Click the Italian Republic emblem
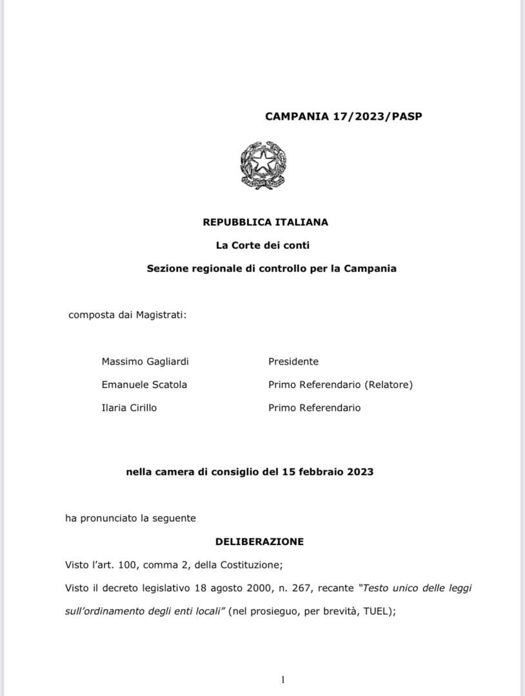(x=262, y=166)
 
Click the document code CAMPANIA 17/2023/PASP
(x=343, y=117)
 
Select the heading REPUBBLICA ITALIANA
(x=265, y=222)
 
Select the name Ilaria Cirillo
(x=129, y=408)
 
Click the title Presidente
(x=293, y=362)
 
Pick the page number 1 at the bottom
(x=282, y=680)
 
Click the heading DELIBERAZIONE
(x=259, y=542)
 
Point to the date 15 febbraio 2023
(x=327, y=472)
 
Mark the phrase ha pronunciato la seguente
(x=130, y=518)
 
